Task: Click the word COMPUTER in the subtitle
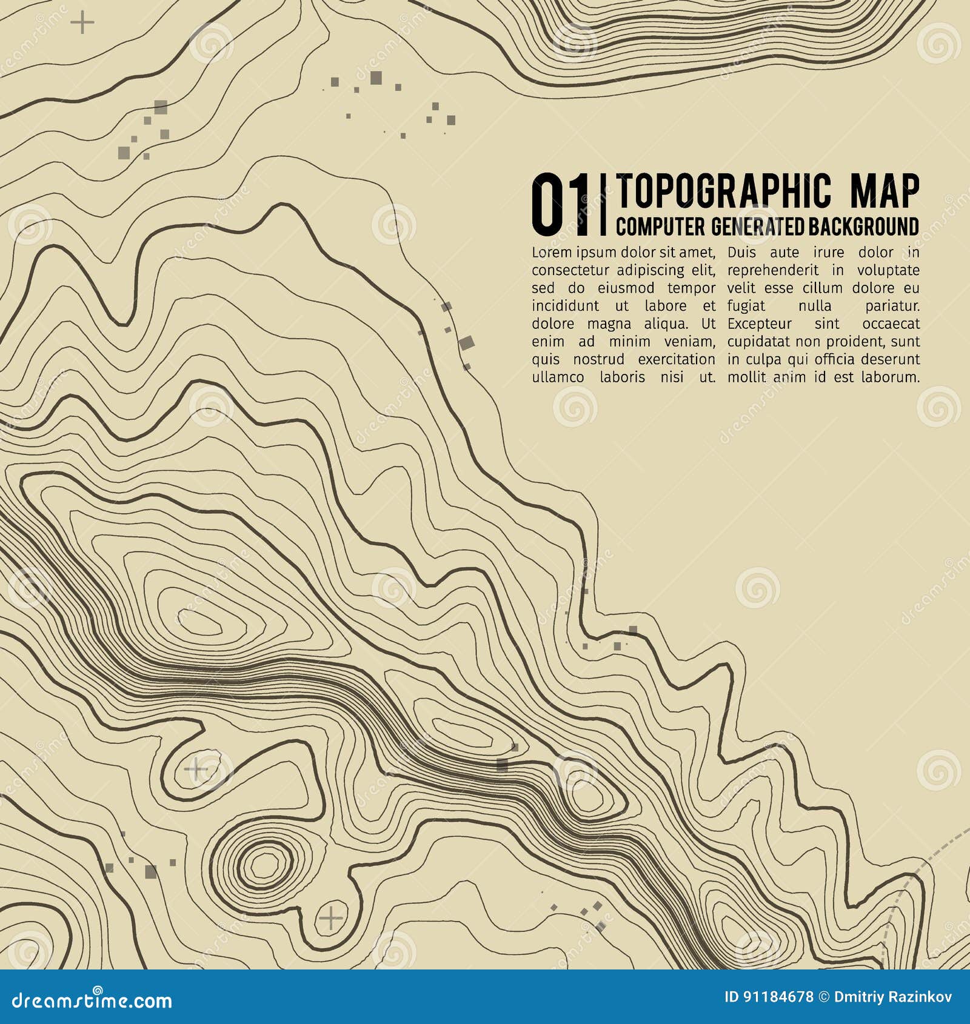(x=660, y=227)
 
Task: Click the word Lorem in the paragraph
(x=552, y=252)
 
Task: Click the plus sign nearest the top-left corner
(x=82, y=23)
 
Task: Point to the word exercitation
(x=676, y=359)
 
